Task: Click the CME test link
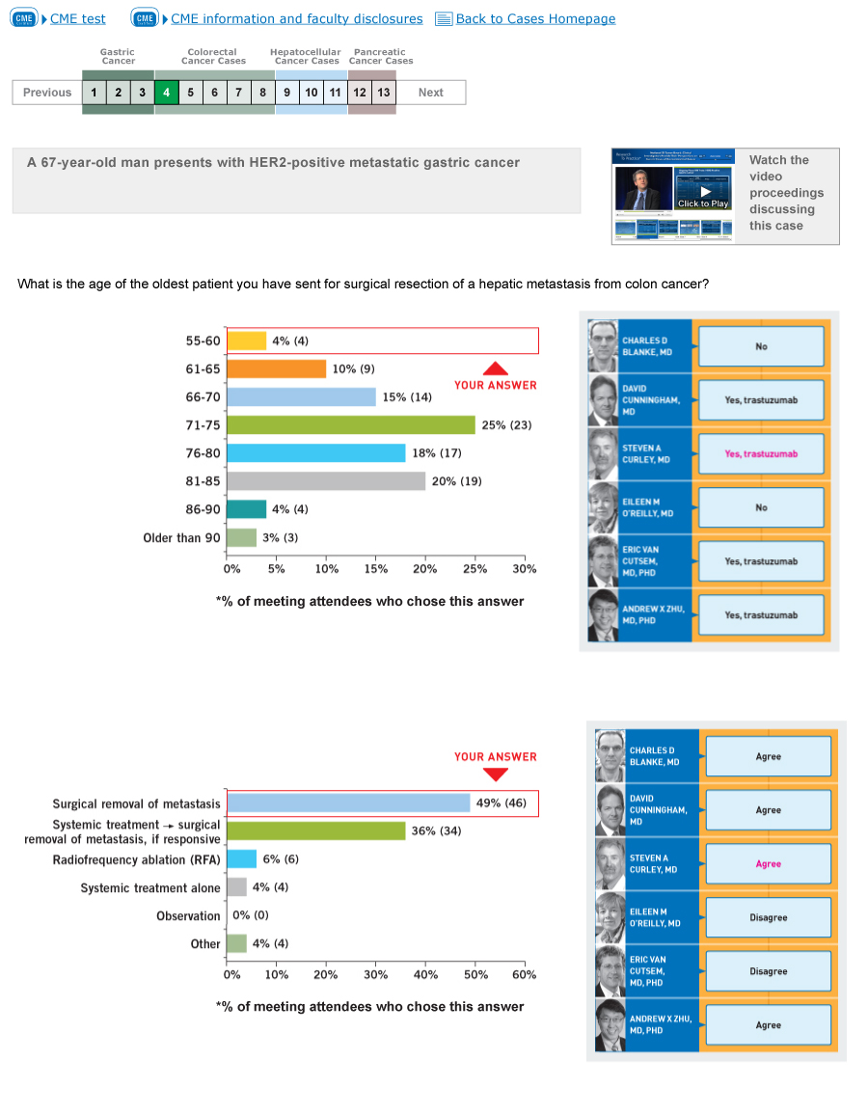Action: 77,19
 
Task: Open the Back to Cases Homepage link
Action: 534,19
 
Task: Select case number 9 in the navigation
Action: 286,93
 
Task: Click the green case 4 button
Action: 166,93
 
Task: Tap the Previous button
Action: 47,93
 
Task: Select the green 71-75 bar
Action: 350,425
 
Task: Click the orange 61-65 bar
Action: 276,369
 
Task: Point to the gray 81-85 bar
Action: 325,481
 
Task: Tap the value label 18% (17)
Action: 437,453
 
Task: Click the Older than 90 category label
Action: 181,538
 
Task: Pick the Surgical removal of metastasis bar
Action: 347,803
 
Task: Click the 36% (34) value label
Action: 436,831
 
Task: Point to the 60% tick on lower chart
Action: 525,975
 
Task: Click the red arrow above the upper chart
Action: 495,368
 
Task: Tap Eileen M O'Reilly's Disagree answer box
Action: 768,918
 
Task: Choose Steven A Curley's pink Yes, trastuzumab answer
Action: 761,454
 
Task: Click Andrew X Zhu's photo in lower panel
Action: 610,1025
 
